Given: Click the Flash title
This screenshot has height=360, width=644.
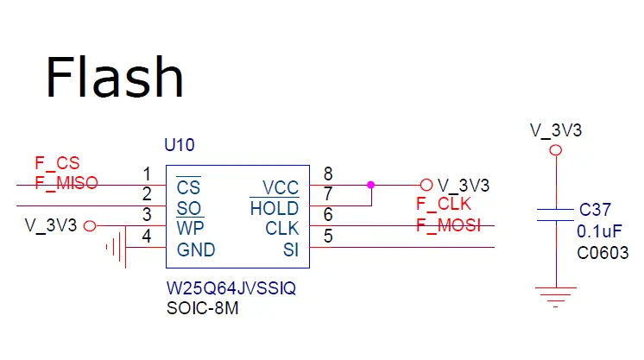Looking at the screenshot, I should (114, 77).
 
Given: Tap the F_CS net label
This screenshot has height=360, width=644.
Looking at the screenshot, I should (56, 162).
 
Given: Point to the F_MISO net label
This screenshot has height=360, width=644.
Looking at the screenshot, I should (66, 182).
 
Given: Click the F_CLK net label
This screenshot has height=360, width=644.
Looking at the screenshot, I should (445, 205).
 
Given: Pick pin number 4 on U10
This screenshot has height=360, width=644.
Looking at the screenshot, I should (147, 235).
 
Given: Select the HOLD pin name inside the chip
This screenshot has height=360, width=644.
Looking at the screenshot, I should (275, 209).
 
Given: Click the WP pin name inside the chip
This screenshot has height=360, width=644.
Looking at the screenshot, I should (190, 230).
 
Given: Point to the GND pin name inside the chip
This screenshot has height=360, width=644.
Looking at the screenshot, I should (195, 250).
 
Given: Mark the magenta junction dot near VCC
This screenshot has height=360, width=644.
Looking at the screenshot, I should (371, 184).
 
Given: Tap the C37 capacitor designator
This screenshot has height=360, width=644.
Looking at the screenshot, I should (594, 210).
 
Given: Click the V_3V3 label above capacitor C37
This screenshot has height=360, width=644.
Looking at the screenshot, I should (555, 130).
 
